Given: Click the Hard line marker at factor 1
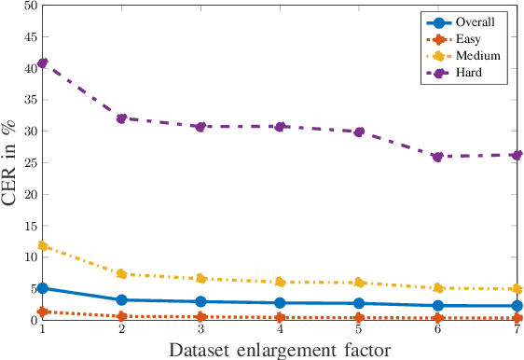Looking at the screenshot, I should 42,62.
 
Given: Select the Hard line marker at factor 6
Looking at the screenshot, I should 439,157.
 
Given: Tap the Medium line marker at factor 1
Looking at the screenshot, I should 42,245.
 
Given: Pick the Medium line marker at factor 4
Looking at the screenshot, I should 281,282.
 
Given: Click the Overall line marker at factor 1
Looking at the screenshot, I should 42,288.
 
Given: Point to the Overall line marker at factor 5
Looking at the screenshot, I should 360,303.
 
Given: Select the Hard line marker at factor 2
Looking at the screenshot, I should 121,118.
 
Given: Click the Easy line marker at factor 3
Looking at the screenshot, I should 200,317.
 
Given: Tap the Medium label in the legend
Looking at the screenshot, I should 479,55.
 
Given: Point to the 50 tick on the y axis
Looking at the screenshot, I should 28,6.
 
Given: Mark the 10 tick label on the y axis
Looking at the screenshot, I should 28,257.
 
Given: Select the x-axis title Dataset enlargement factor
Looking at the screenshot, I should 280,350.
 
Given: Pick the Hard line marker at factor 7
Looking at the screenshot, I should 518,155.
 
